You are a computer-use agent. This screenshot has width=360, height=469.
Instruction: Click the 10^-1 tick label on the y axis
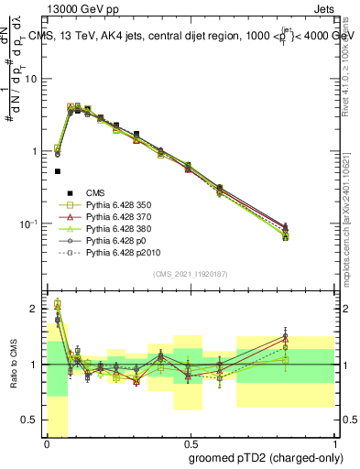click(29, 224)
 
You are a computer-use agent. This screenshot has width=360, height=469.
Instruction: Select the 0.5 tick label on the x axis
click(189, 442)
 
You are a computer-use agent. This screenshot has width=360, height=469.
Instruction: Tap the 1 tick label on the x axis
click(331, 442)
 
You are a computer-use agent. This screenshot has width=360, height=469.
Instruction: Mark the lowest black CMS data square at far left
click(58, 171)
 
